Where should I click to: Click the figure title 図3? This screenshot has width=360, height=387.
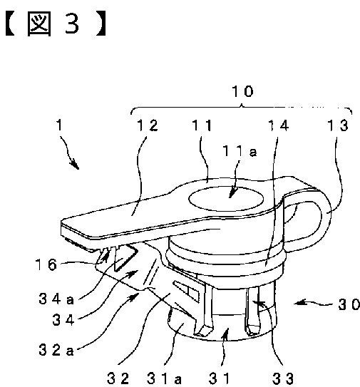point(56,24)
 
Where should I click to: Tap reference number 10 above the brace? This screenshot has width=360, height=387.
point(242,91)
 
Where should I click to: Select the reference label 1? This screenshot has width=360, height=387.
point(59,125)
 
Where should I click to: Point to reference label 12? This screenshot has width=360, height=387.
point(148,125)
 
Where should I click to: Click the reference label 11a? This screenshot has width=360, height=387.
point(240,151)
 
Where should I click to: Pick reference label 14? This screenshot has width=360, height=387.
point(278,125)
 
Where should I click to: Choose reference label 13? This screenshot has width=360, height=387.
point(337,125)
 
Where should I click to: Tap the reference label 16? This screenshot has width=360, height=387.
point(46,265)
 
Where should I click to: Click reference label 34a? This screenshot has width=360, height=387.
point(56,299)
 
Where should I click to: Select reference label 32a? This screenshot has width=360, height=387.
point(56,350)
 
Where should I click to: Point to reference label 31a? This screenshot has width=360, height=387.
point(164,378)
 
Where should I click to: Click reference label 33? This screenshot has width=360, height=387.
point(283,378)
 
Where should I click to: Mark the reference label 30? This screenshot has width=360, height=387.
point(349,304)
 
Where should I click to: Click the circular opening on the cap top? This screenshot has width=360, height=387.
point(226,199)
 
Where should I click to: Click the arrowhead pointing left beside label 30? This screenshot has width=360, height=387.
point(300,303)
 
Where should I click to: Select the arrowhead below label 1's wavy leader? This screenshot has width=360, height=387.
point(75,164)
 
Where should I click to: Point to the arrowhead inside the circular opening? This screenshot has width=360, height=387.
point(233,192)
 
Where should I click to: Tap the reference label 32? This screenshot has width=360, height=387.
point(118,378)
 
